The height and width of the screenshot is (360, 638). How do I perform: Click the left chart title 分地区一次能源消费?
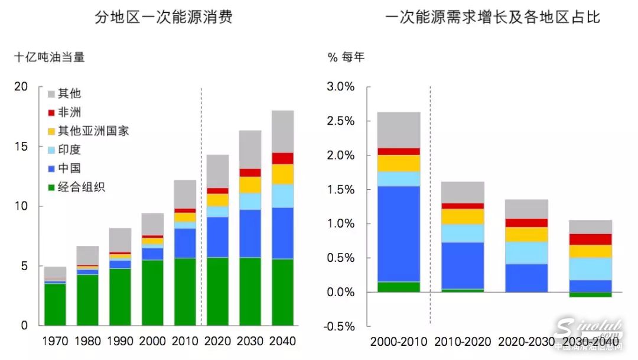pyautogui.click(x=164, y=17)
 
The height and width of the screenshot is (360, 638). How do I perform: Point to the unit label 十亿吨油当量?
pyautogui.click(x=50, y=57)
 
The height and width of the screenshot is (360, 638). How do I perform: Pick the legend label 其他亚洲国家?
pyautogui.click(x=93, y=131)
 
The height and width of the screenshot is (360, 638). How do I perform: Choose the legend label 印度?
pyautogui.click(x=69, y=150)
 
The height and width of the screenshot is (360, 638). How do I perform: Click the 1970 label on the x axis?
pyautogui.click(x=55, y=341)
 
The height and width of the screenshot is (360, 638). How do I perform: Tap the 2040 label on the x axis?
pyautogui.click(x=282, y=341)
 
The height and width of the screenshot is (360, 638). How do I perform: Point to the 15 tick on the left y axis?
pyautogui.click(x=21, y=147)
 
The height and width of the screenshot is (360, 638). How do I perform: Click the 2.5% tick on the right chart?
pyautogui.click(x=340, y=121)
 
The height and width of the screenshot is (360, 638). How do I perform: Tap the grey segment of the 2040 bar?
pyautogui.click(x=282, y=131)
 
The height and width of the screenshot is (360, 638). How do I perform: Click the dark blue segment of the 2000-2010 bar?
pyautogui.click(x=398, y=233)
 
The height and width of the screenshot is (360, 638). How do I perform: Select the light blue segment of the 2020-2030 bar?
pyautogui.click(x=526, y=253)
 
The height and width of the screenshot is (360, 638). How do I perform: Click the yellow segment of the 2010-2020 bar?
pyautogui.click(x=463, y=216)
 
